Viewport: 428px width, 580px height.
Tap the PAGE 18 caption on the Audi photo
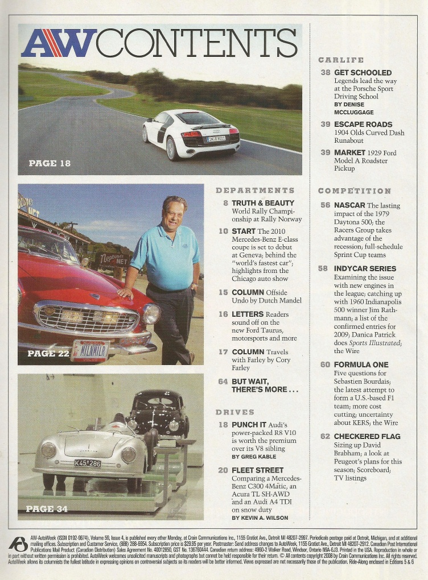tap(50, 163)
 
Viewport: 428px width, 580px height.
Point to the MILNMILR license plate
tap(89, 350)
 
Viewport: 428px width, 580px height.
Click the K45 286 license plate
tap(88, 463)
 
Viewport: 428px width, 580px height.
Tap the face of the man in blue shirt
tap(172, 213)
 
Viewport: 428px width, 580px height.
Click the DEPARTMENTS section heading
tap(255, 190)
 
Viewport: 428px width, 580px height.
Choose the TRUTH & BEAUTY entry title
tap(263, 202)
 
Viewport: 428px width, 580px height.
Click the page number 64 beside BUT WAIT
tap(223, 381)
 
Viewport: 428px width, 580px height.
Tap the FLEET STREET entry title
tap(257, 470)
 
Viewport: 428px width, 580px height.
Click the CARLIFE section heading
tap(341, 60)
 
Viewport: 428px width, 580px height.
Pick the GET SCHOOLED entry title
tap(363, 72)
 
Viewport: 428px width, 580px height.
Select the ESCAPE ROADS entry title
tap(363, 124)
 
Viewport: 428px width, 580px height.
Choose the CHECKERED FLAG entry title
tap(367, 436)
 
